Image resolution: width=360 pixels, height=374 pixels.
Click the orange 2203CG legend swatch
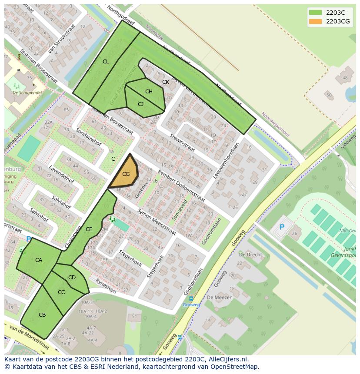coord(316,21)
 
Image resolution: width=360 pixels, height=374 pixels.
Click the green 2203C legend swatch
coord(316,12)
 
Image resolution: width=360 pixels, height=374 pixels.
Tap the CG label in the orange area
coord(126,174)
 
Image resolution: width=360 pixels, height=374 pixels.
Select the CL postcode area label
coord(106,62)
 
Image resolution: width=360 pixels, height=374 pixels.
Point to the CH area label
coord(149,92)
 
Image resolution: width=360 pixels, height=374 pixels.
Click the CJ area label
coord(140,104)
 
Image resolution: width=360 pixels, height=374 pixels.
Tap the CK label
coord(166,82)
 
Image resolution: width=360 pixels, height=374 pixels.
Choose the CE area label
coord(89,229)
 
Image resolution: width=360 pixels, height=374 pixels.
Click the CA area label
coord(39,260)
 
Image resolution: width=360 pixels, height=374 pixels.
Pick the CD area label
coord(72,278)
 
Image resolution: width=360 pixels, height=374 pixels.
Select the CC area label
coord(61,292)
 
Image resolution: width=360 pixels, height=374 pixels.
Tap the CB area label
coord(42,315)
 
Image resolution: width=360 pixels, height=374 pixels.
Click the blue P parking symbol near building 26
coord(282,227)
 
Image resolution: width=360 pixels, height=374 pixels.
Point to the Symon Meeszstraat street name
coord(157,222)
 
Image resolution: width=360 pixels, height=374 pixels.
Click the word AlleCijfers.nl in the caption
coord(226,359)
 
